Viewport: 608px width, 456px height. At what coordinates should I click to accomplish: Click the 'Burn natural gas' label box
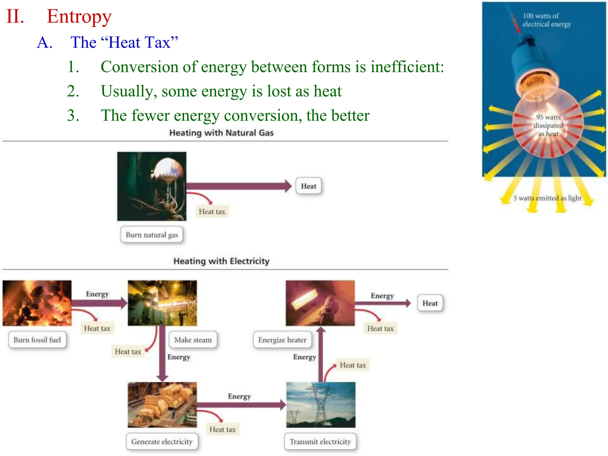click(152, 235)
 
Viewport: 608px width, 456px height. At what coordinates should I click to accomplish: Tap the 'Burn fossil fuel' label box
click(37, 340)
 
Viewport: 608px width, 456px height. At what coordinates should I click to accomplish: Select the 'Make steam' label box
click(193, 340)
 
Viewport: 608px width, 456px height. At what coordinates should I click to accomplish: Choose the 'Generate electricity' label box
click(162, 442)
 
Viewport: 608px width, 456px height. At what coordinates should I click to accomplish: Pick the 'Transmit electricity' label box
click(320, 442)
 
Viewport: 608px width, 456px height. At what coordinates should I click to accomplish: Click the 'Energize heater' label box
click(282, 340)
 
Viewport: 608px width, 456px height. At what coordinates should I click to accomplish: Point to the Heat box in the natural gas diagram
click(308, 186)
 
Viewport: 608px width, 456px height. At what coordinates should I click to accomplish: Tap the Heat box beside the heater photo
click(430, 303)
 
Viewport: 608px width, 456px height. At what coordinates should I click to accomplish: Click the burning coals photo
click(37, 303)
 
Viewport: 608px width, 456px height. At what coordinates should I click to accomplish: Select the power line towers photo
click(321, 405)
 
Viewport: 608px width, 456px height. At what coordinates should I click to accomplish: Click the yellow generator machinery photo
click(162, 405)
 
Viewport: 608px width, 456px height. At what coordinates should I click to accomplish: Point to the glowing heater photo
click(320, 303)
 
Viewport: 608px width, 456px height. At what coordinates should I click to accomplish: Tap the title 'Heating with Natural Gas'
click(221, 133)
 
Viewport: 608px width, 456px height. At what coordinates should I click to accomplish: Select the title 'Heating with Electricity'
click(221, 261)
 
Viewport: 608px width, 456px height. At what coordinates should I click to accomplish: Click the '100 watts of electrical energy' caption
click(547, 20)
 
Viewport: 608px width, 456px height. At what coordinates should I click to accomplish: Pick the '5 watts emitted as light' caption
click(547, 198)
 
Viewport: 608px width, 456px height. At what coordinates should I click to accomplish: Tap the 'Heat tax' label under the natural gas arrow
click(212, 212)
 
